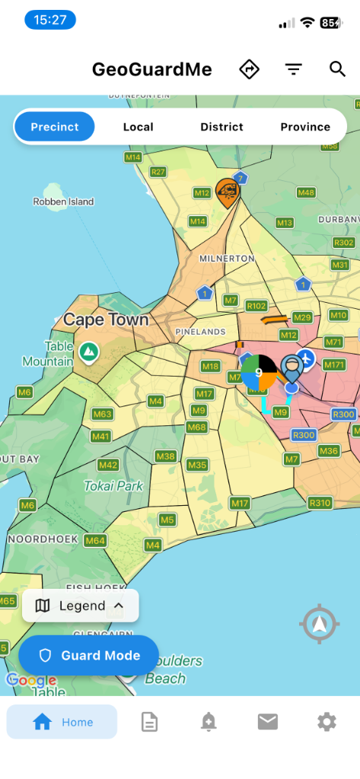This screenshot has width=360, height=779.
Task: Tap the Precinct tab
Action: point(55,127)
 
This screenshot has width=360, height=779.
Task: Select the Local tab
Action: point(138,127)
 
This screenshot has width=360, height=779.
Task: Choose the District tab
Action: point(221,127)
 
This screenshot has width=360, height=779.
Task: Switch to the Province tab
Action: point(305,127)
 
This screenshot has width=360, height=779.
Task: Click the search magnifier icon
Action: point(338,69)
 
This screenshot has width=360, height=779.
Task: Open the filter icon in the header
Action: point(294,69)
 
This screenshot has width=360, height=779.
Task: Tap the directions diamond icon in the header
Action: point(249,69)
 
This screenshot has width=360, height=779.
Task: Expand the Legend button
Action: point(81,606)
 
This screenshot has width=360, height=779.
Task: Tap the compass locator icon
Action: point(319,625)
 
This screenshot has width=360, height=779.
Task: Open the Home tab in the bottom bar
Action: point(62,722)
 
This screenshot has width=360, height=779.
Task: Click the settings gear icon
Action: point(327,722)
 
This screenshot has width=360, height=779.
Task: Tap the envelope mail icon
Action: point(268,722)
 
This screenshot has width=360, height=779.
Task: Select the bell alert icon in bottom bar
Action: point(209,722)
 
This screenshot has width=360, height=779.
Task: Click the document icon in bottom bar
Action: point(149,722)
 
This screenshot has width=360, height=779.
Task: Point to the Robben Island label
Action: point(63,202)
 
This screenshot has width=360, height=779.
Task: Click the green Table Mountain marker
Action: point(89,351)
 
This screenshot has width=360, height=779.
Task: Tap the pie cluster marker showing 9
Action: point(258,373)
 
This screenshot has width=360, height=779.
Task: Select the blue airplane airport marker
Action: point(306,358)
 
